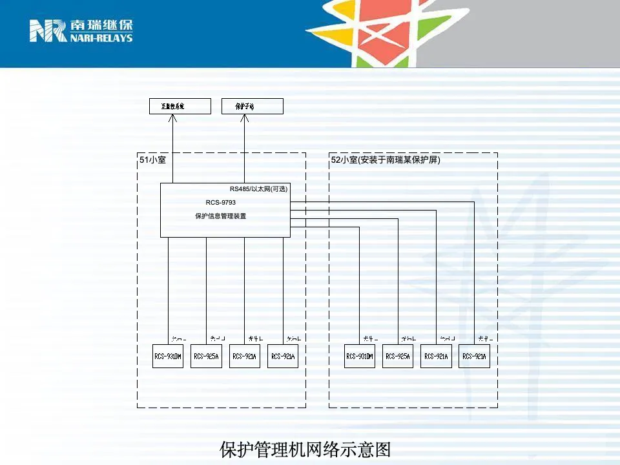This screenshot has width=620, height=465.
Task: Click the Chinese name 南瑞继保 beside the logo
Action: pyautogui.click(x=101, y=26)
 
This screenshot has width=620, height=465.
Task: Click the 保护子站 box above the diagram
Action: pyautogui.click(x=252, y=106)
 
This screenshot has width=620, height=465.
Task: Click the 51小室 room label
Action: pyautogui.click(x=153, y=160)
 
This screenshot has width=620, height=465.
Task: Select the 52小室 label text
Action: pyautogui.click(x=386, y=160)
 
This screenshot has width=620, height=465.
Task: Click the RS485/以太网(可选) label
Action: pyautogui.click(x=258, y=189)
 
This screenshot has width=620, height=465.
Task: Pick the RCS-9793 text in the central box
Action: pyautogui.click(x=221, y=202)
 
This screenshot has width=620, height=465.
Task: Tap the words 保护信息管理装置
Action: pyautogui.click(x=221, y=216)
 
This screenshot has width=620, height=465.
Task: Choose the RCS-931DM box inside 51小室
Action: pyautogui.click(x=168, y=356)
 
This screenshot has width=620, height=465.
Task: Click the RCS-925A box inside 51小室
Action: pyautogui.click(x=207, y=356)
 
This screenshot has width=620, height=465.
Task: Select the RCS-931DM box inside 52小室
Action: pyautogui.click(x=360, y=356)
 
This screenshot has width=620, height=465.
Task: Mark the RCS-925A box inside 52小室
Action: pyautogui.click(x=398, y=356)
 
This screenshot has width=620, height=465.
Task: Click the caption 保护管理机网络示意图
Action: pyautogui.click(x=305, y=449)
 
